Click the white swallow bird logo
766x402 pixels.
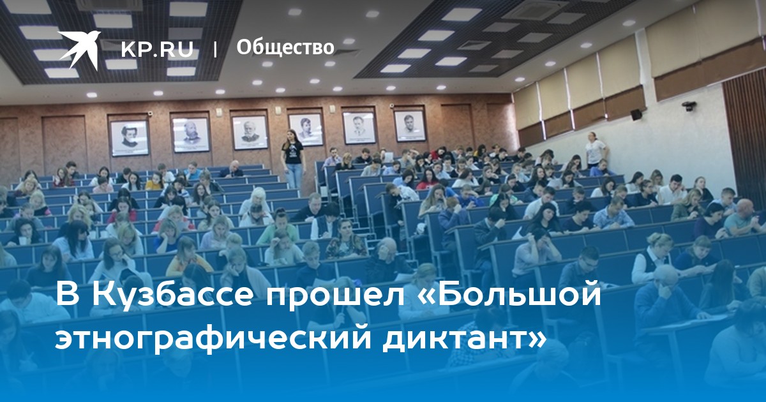[x=79, y=50]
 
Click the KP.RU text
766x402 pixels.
[x=157, y=49]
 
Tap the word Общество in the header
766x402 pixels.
[x=285, y=47]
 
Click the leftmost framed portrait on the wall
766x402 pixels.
[x=129, y=138]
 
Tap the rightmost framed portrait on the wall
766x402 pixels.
[x=410, y=126]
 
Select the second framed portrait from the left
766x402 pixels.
[x=191, y=135]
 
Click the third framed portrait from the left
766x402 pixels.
[x=250, y=132]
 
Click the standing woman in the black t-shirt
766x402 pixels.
[x=292, y=159]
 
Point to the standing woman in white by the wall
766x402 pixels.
[x=596, y=150]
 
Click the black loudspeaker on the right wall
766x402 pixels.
[x=636, y=114]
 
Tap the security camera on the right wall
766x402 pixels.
[x=689, y=106]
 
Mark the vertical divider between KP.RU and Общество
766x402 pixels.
[x=215, y=49]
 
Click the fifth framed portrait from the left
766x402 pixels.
[x=359, y=128]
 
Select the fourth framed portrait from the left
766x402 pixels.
[x=306, y=130]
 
